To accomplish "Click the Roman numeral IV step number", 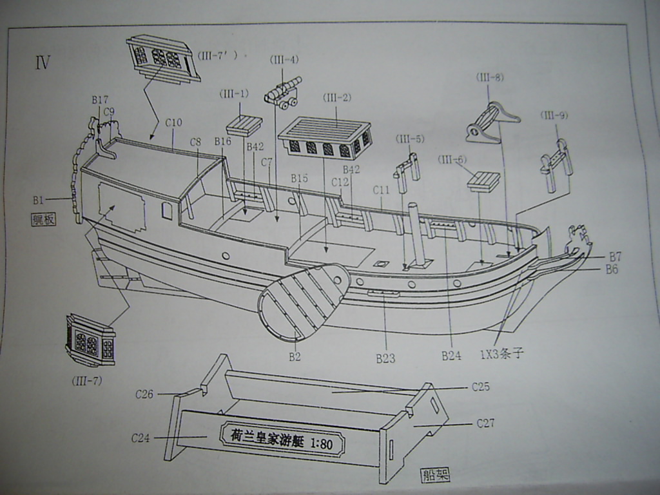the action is (43, 63).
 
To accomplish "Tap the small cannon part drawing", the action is (283, 93).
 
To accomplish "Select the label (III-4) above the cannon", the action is (284, 60).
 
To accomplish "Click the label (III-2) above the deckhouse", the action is (336, 97).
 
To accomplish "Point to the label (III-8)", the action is (490, 77).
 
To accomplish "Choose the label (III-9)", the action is (554, 115).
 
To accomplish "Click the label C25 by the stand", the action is (480, 387).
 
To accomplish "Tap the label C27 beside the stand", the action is (485, 423).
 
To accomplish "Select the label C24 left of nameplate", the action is (141, 438).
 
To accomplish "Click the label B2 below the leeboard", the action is (295, 356).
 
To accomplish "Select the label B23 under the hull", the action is (385, 358).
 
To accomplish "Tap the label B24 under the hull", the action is (451, 355).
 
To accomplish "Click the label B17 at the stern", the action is (100, 100).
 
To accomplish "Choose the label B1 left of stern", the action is (38, 200).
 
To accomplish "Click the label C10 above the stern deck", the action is (173, 122).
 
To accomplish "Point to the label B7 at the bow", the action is (614, 257).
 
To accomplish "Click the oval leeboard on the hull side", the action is (302, 301).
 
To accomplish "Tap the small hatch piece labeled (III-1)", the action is (244, 124).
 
